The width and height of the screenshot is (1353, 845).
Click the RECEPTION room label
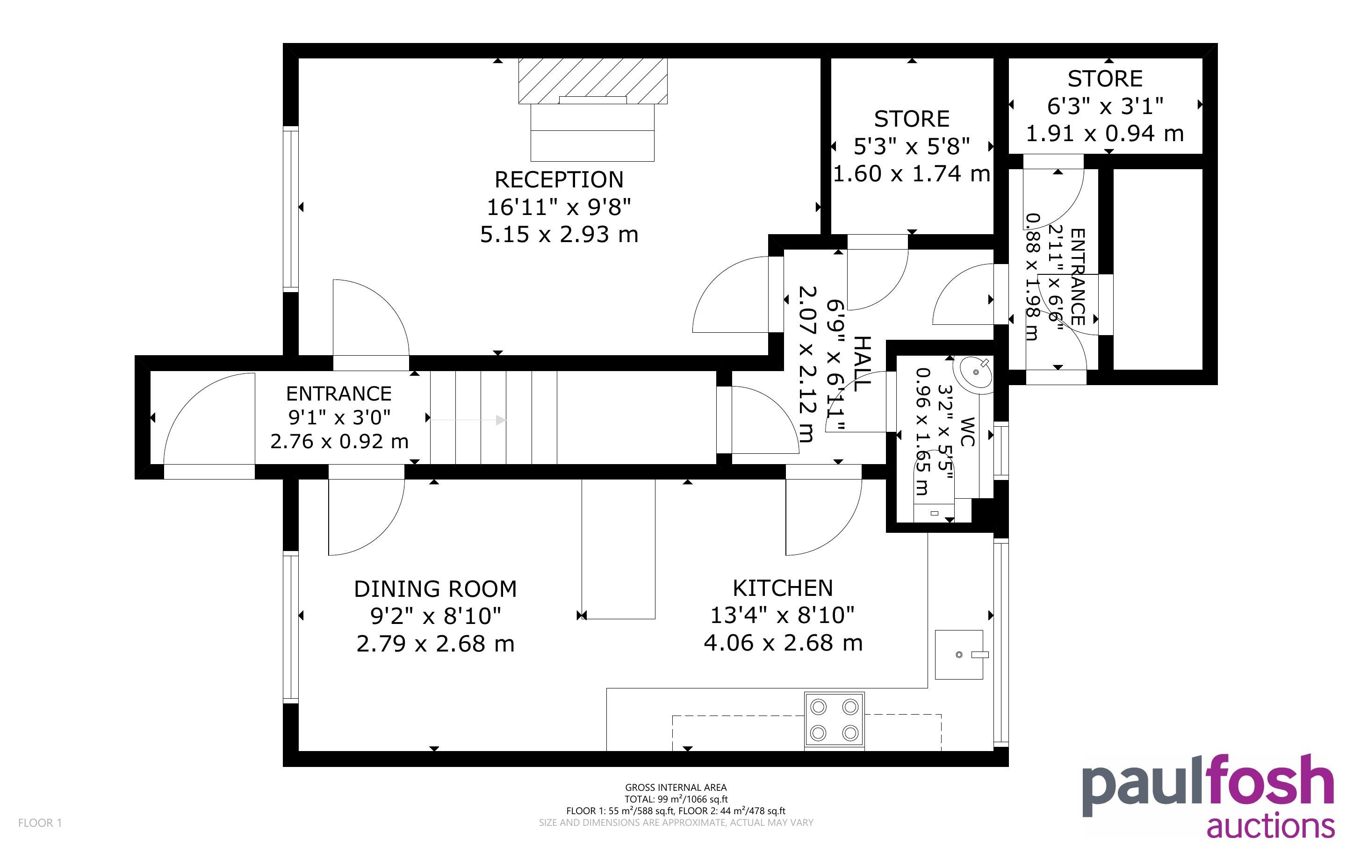[559, 179]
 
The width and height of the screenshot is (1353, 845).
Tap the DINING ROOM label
[435, 589]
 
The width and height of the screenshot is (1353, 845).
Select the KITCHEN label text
[783, 588]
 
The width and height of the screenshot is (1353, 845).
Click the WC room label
[967, 431]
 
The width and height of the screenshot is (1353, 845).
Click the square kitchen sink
[959, 654]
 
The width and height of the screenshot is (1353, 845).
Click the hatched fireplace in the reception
[593, 81]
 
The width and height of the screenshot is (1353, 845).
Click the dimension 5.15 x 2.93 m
[559, 234]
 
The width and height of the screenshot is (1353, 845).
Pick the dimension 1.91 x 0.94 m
[1105, 134]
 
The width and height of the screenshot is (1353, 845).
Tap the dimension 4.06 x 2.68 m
[783, 643]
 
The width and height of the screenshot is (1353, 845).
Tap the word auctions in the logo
[1270, 826]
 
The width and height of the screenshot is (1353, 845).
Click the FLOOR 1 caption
[40, 823]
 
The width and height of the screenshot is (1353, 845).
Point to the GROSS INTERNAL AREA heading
[676, 788]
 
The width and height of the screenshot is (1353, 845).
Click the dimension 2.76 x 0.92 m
[339, 442]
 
